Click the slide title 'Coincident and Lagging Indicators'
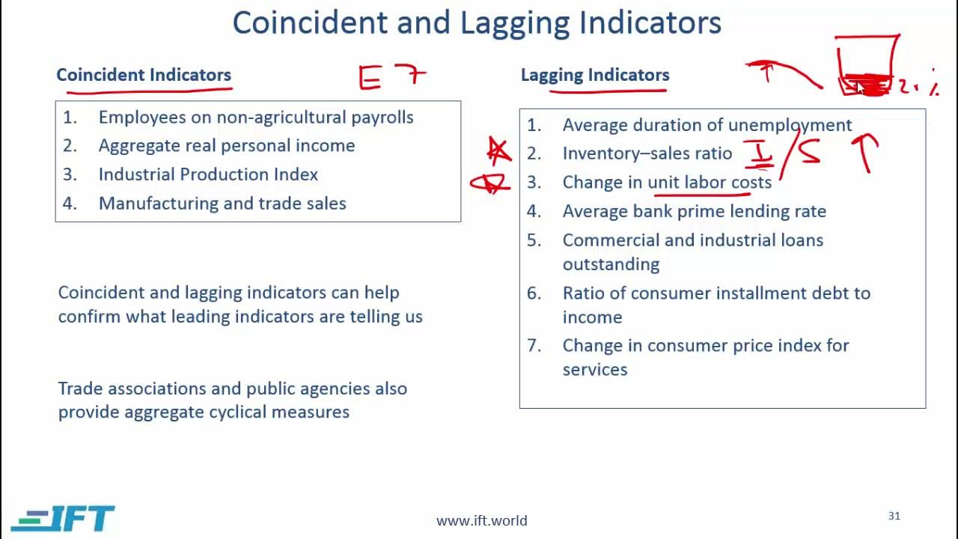point(477,23)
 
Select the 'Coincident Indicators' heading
point(144,75)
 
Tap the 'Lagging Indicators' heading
point(595,75)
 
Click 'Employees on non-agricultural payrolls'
point(256,118)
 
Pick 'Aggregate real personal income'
point(227,146)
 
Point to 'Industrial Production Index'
point(208,174)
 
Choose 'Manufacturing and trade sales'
point(222,204)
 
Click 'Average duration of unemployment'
point(707,125)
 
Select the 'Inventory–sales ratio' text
point(647,153)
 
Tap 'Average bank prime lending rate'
point(694,211)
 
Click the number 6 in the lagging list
point(534,293)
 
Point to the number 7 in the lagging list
point(534,346)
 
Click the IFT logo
point(63,518)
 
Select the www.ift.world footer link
point(482,520)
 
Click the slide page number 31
point(894,516)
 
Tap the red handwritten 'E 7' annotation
point(392,76)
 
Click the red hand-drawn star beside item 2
point(499,151)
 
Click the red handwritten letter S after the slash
point(808,152)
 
